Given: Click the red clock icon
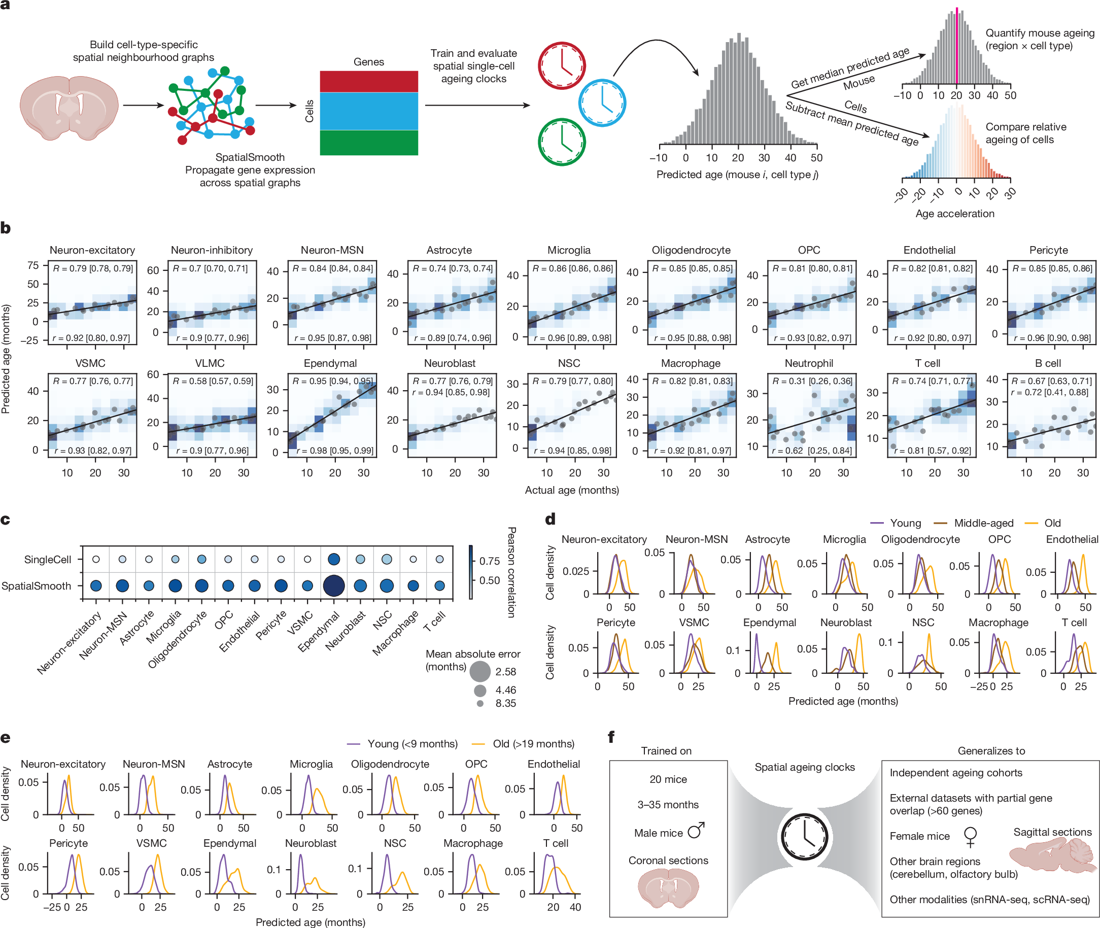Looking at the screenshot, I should point(561,65).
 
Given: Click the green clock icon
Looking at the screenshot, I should point(561,142).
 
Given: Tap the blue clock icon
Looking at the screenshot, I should point(602,102).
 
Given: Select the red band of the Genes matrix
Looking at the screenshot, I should point(369,82).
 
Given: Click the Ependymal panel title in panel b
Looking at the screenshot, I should point(330,363).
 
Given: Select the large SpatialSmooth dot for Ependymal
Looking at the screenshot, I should point(333,586).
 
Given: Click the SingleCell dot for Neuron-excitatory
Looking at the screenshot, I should point(96,559).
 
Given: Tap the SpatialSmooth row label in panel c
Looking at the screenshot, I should point(36,586).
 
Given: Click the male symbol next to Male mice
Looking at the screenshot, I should point(696,831).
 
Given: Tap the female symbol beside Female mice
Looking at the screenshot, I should point(970,836).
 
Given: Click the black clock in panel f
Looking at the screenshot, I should point(804,837).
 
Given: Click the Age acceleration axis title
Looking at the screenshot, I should point(954,214).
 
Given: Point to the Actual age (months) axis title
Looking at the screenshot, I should point(571,490).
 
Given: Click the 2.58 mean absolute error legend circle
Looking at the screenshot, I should point(480,671).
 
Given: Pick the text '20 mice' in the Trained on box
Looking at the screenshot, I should point(668,779).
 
